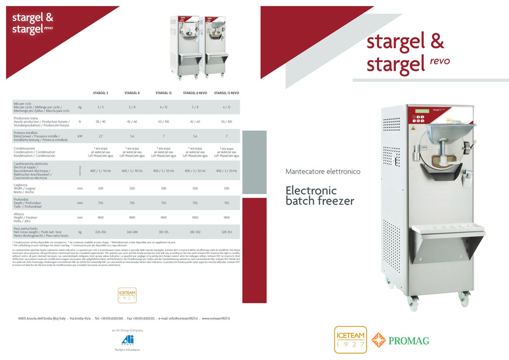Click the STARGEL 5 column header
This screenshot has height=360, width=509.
100,93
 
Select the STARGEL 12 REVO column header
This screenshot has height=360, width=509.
227,93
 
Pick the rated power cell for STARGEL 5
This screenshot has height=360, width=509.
100,136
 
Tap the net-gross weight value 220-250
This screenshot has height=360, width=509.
100,232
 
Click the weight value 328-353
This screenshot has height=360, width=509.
227,232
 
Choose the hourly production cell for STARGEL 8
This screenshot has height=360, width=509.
132,122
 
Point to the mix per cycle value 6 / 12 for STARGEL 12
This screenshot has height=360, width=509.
163,107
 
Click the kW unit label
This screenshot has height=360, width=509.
80,136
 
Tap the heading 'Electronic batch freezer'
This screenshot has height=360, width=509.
320,196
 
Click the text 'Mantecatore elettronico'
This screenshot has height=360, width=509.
323,172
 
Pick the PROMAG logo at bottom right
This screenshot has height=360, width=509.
399,340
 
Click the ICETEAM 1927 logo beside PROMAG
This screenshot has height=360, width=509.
350,340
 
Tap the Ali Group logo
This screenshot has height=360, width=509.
124,341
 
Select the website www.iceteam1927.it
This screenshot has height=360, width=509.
216,318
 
